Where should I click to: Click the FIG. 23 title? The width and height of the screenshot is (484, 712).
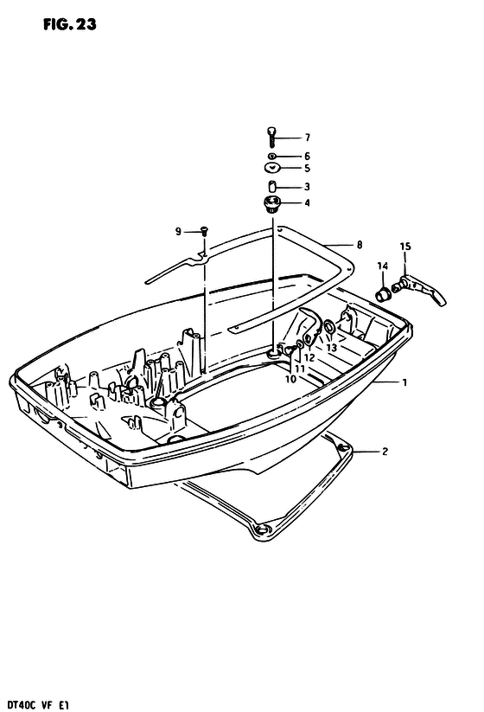tap(70, 24)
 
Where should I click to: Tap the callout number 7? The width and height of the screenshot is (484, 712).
tap(307, 138)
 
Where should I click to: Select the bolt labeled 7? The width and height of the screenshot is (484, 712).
tap(271, 138)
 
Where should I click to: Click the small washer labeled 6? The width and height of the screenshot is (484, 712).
tap(271, 157)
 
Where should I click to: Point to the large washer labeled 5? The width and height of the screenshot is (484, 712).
tap(272, 168)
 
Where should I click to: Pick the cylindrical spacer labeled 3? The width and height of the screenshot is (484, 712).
tap(272, 187)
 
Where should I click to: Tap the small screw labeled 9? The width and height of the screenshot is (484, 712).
tap(204, 232)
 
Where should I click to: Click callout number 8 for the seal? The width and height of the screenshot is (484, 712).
tap(360, 245)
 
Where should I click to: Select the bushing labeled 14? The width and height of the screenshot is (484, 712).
tap(383, 294)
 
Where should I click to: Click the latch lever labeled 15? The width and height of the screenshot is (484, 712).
tap(419, 291)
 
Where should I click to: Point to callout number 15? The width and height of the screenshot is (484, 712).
tap(405, 247)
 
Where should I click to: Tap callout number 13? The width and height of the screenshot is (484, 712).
tap(331, 348)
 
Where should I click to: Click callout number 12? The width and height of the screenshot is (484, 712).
tap(309, 358)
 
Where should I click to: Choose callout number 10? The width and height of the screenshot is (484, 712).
tap(290, 378)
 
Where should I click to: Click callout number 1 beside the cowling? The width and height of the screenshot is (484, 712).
tap(404, 382)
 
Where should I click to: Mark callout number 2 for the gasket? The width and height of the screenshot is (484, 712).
tap(385, 452)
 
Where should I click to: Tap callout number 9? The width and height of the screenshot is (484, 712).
tap(178, 232)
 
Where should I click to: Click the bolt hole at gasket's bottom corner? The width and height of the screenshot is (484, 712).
tap(262, 529)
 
